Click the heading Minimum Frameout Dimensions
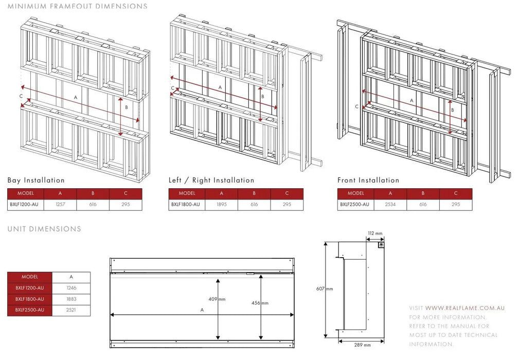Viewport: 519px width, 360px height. (x=77, y=7)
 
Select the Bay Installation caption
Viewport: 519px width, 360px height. (x=36, y=181)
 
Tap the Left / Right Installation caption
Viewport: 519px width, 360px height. (x=211, y=181)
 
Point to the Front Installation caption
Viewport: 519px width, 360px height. (x=368, y=181)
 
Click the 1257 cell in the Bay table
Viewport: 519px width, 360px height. (x=60, y=204)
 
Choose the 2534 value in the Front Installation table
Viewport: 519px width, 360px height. (x=390, y=204)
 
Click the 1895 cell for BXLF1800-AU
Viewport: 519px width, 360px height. (x=221, y=204)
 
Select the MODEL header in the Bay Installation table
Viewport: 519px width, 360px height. (x=26, y=193)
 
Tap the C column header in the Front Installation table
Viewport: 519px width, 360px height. (x=456, y=193)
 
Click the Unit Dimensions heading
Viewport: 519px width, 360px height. (x=44, y=229)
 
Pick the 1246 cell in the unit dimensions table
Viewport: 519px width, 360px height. (x=71, y=288)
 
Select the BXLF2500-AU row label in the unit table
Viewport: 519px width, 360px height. (x=30, y=310)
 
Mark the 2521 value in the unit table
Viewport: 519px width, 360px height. (x=71, y=310)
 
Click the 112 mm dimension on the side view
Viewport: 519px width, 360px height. (x=375, y=233)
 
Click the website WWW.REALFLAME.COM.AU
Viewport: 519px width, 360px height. (x=464, y=308)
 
